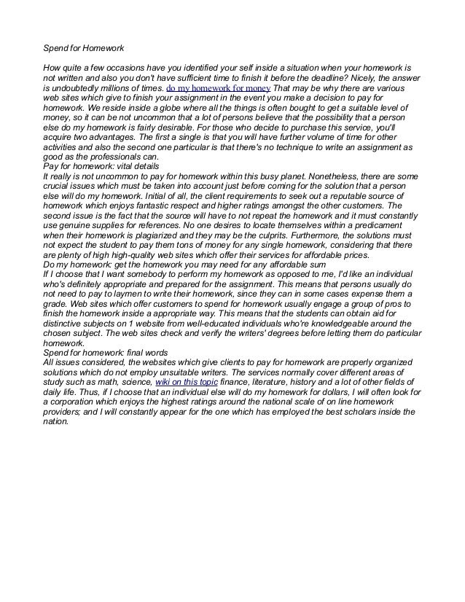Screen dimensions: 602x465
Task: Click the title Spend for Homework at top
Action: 84,49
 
